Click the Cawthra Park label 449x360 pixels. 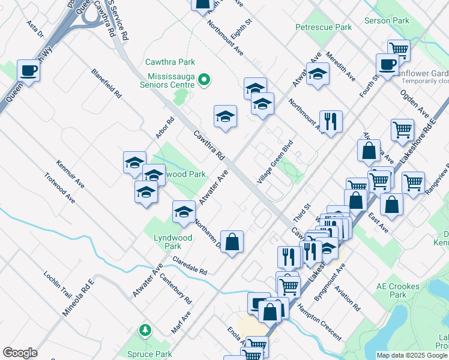[170, 62]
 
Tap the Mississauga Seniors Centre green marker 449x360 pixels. [203, 79]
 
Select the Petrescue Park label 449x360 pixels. [323, 27]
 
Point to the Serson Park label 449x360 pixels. [387, 20]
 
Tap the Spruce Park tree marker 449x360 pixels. [145, 330]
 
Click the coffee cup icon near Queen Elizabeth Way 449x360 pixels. [29, 71]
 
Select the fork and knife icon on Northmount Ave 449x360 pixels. [331, 121]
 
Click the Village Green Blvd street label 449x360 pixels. [274, 163]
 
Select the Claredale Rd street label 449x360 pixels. [189, 265]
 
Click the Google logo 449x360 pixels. [20, 353]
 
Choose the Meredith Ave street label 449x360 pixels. [341, 67]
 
